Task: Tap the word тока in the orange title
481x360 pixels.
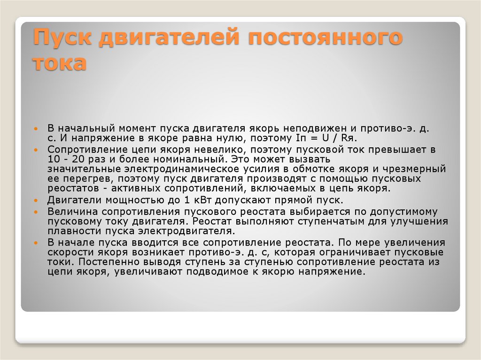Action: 60,63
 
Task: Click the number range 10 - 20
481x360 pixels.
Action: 65,159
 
